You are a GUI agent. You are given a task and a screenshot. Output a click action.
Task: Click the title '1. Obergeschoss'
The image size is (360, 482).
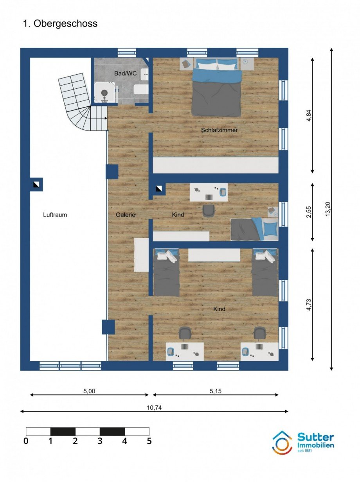pos(60,23)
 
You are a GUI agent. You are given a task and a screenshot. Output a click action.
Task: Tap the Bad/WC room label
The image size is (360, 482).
pos(125,73)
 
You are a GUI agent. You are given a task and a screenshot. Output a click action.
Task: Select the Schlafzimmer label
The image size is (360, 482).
pos(220,130)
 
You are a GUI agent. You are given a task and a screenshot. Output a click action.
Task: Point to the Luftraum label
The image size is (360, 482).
pos(55,215)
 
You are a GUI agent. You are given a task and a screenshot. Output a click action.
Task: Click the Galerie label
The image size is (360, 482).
pos(126,215)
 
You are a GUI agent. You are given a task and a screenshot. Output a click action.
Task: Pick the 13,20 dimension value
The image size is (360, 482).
pos(328,209)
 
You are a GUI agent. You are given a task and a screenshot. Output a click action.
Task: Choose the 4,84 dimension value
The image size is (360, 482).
pos(309,115)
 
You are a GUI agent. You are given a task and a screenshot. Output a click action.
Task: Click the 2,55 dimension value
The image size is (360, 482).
pos(309,212)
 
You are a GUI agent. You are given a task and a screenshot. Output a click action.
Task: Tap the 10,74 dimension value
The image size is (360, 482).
pos(154,408)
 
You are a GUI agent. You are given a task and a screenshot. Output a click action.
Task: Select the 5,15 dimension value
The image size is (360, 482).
pos(216,391)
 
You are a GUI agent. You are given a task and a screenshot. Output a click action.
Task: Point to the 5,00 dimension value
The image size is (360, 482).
pos(89,391)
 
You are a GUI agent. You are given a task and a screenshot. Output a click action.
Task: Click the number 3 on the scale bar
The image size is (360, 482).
pos(100,441)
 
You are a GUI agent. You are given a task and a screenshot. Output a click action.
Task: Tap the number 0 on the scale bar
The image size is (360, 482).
pos(26,441)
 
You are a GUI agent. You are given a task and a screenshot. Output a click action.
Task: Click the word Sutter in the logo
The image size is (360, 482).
pos(316,437)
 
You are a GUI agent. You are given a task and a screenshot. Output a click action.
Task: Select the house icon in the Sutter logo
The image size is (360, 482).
pos(283,442)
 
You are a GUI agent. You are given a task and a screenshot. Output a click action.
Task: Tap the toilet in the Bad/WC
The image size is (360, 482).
pos(141,90)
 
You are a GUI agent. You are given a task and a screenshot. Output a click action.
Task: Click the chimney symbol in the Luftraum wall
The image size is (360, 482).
pos(36,185)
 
